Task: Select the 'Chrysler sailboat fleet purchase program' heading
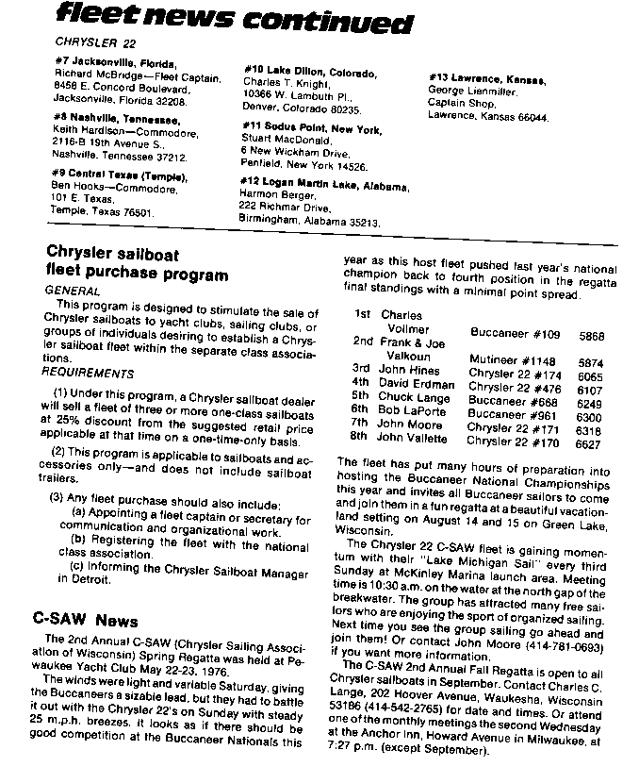(x=138, y=265)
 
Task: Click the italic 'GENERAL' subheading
(x=73, y=292)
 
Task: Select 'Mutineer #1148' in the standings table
(x=512, y=360)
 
